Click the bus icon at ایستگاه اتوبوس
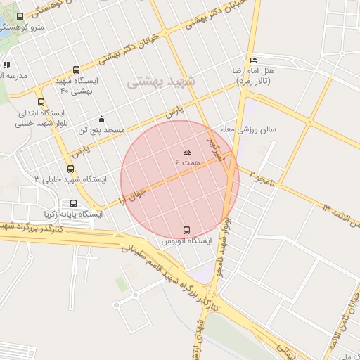(x=186, y=229)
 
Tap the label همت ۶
(x=187, y=162)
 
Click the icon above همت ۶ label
(x=187, y=152)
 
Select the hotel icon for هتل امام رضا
(x=253, y=60)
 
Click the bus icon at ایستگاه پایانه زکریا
(x=74, y=203)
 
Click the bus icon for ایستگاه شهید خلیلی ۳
(x=70, y=169)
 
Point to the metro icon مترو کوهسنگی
(x=19, y=17)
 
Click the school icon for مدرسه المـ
(x=6, y=65)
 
